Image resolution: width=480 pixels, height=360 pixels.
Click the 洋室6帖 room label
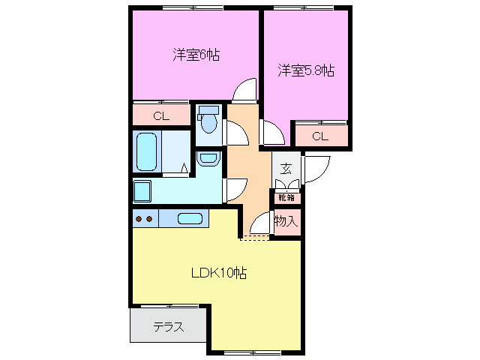[196, 55]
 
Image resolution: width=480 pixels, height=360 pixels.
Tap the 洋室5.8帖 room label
[305, 71]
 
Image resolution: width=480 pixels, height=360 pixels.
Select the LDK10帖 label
[217, 273]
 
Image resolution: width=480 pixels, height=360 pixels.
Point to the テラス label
[169, 327]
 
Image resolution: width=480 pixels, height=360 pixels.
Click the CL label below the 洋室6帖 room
[161, 115]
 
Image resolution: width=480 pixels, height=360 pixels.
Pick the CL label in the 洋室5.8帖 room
[320, 136]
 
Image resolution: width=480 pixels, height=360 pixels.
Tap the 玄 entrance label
[286, 169]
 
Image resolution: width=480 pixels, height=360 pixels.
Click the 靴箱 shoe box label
[286, 198]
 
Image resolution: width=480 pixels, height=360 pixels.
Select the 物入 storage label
[286, 221]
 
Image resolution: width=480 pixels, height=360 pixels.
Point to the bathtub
[146, 151]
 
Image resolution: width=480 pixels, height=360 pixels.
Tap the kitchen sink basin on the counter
[190, 219]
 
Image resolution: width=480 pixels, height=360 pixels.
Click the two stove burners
[143, 219]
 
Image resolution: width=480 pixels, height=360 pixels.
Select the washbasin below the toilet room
[207, 159]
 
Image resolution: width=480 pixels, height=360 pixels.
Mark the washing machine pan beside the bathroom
[142, 191]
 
